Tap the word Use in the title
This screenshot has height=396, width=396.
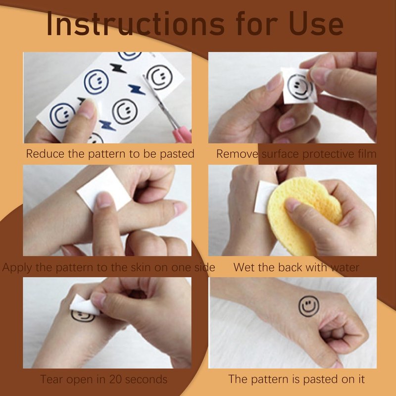pyautogui.click(x=316, y=24)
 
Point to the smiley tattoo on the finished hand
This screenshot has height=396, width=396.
pyautogui.click(x=308, y=306)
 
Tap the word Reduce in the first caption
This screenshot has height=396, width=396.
pyautogui.click(x=45, y=154)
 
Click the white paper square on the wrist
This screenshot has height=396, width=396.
pyautogui.click(x=104, y=189)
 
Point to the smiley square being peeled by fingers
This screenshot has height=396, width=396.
pyautogui.click(x=300, y=86)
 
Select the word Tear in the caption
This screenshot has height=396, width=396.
pyautogui.click(x=50, y=379)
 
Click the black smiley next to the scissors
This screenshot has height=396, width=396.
pyautogui.click(x=159, y=77)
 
